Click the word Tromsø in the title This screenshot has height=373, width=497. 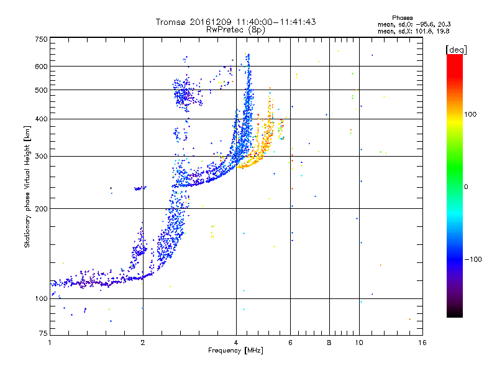(x=171, y=22)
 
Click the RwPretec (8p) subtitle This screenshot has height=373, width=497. (x=235, y=30)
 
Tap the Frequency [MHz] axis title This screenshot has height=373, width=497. (x=235, y=351)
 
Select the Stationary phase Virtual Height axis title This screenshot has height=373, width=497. (x=27, y=186)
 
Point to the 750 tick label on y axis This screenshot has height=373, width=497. (x=42, y=39)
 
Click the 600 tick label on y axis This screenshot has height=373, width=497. (x=42, y=67)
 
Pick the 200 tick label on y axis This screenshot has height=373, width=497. (x=42, y=209)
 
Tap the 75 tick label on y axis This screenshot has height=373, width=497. (x=43, y=333)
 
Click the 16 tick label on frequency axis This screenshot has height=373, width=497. (x=422, y=343)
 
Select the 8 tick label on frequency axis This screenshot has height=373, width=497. (x=329, y=343)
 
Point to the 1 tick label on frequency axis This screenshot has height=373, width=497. (x=50, y=343)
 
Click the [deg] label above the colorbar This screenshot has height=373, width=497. (x=456, y=50)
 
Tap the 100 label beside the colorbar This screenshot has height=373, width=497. (x=470, y=114)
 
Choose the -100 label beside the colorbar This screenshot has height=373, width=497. (x=473, y=259)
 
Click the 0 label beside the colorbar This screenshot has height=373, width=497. (x=466, y=187)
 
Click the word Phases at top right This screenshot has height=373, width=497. (x=402, y=18)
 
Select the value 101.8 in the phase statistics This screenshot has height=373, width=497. (x=425, y=31)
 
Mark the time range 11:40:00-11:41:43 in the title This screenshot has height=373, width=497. (x=276, y=22)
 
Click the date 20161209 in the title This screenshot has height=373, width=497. (x=211, y=22)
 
